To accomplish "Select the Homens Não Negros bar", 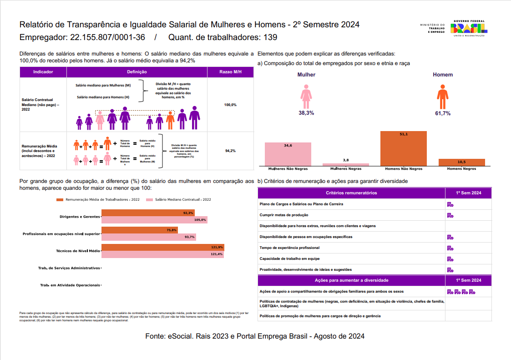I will [x=403, y=148].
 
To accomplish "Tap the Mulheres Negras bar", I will [x=346, y=164].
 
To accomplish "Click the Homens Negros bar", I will [x=461, y=162].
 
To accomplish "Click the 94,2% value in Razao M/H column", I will [x=230, y=151].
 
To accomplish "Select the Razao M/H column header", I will [x=230, y=72].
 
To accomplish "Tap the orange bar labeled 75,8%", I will [x=139, y=230].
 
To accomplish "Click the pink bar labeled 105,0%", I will [x=154, y=220].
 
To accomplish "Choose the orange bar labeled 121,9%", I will [x=162, y=248].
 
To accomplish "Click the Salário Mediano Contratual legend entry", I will [x=178, y=199].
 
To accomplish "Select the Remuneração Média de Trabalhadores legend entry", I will [x=98, y=199].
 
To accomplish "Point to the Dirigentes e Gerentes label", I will [x=80, y=217].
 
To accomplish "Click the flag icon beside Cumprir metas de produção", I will [x=450, y=215].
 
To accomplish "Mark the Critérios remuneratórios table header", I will [x=351, y=193].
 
